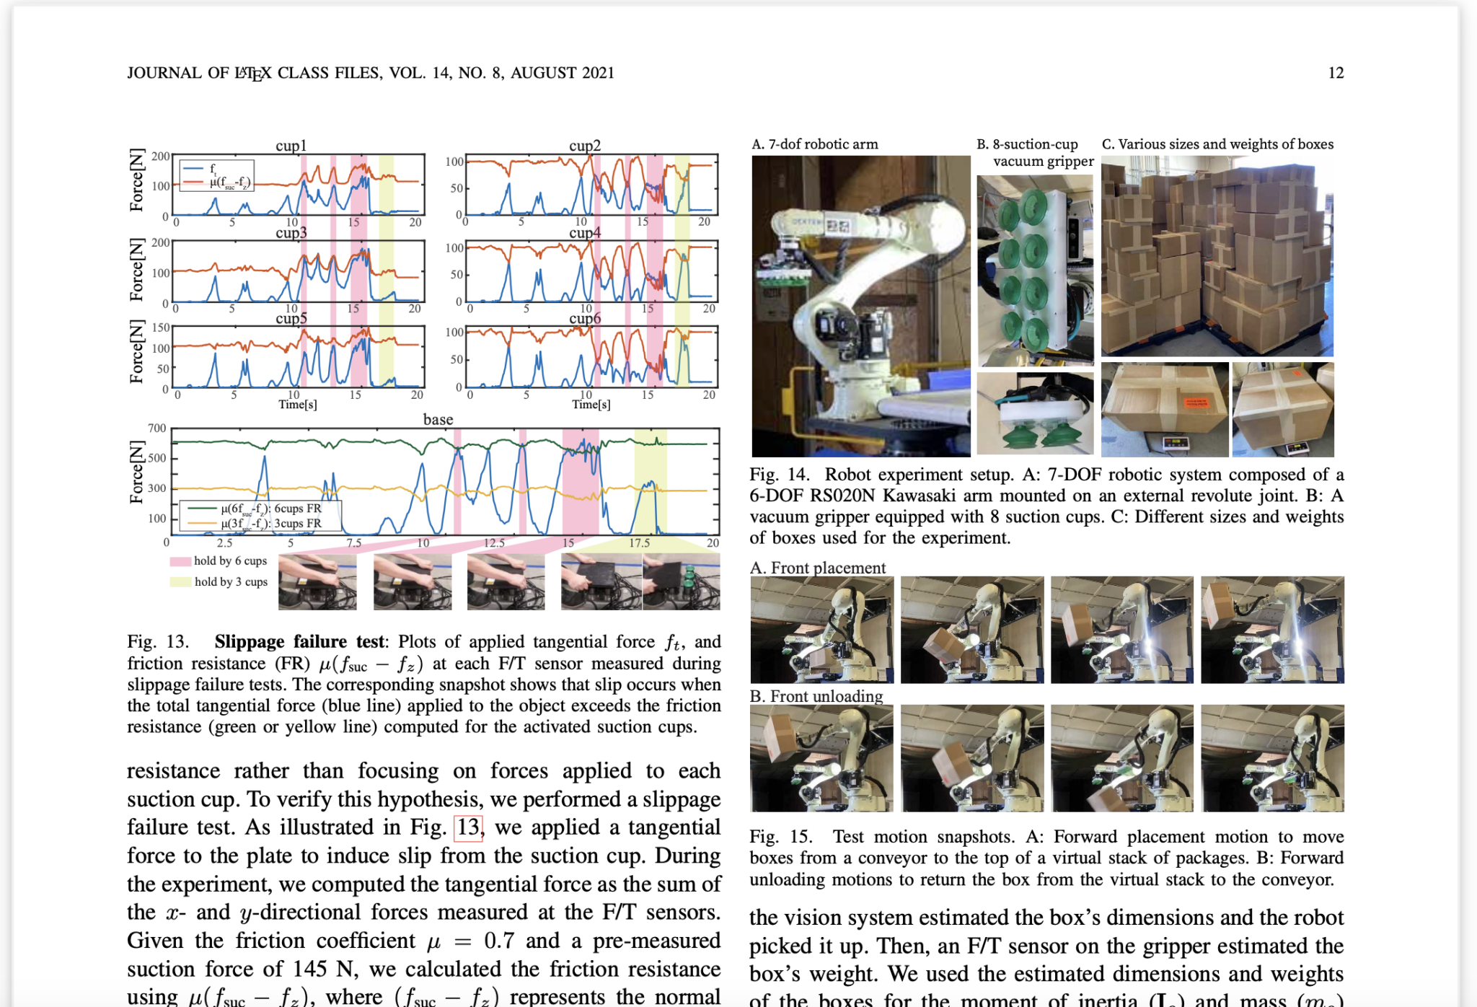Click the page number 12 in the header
coord(1336,73)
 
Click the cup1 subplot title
coord(291,146)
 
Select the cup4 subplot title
coord(585,233)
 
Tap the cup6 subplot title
coord(585,319)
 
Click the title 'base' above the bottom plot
coord(438,420)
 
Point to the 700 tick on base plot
coord(157,428)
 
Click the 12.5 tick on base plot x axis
coord(494,543)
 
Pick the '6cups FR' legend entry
coord(271,509)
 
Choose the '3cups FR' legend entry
coord(271,524)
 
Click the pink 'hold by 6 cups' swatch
coord(180,561)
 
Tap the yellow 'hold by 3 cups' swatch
coord(180,582)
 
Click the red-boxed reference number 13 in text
coord(468,827)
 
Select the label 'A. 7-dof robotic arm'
coord(815,144)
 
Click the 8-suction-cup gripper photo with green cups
coord(1035,271)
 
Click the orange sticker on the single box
coord(1198,403)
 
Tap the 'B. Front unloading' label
coord(816,696)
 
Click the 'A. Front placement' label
coord(818,568)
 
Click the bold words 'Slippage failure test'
coord(300,642)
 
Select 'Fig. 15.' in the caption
coord(780,837)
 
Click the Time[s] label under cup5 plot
coord(298,405)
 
